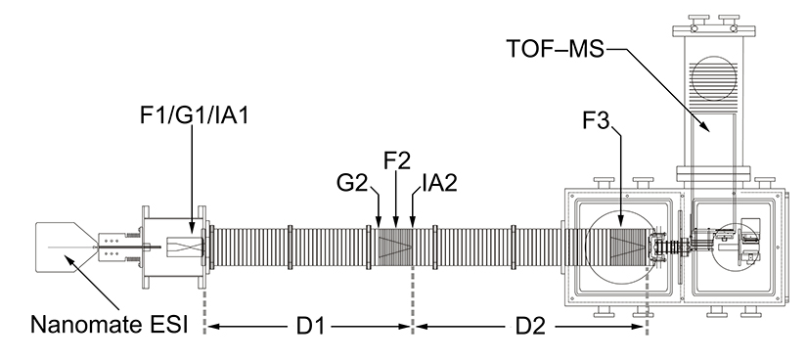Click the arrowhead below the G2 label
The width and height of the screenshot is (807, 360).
click(x=379, y=222)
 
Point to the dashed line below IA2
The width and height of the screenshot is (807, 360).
click(x=413, y=293)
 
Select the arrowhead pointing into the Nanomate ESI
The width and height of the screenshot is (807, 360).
click(x=67, y=259)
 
